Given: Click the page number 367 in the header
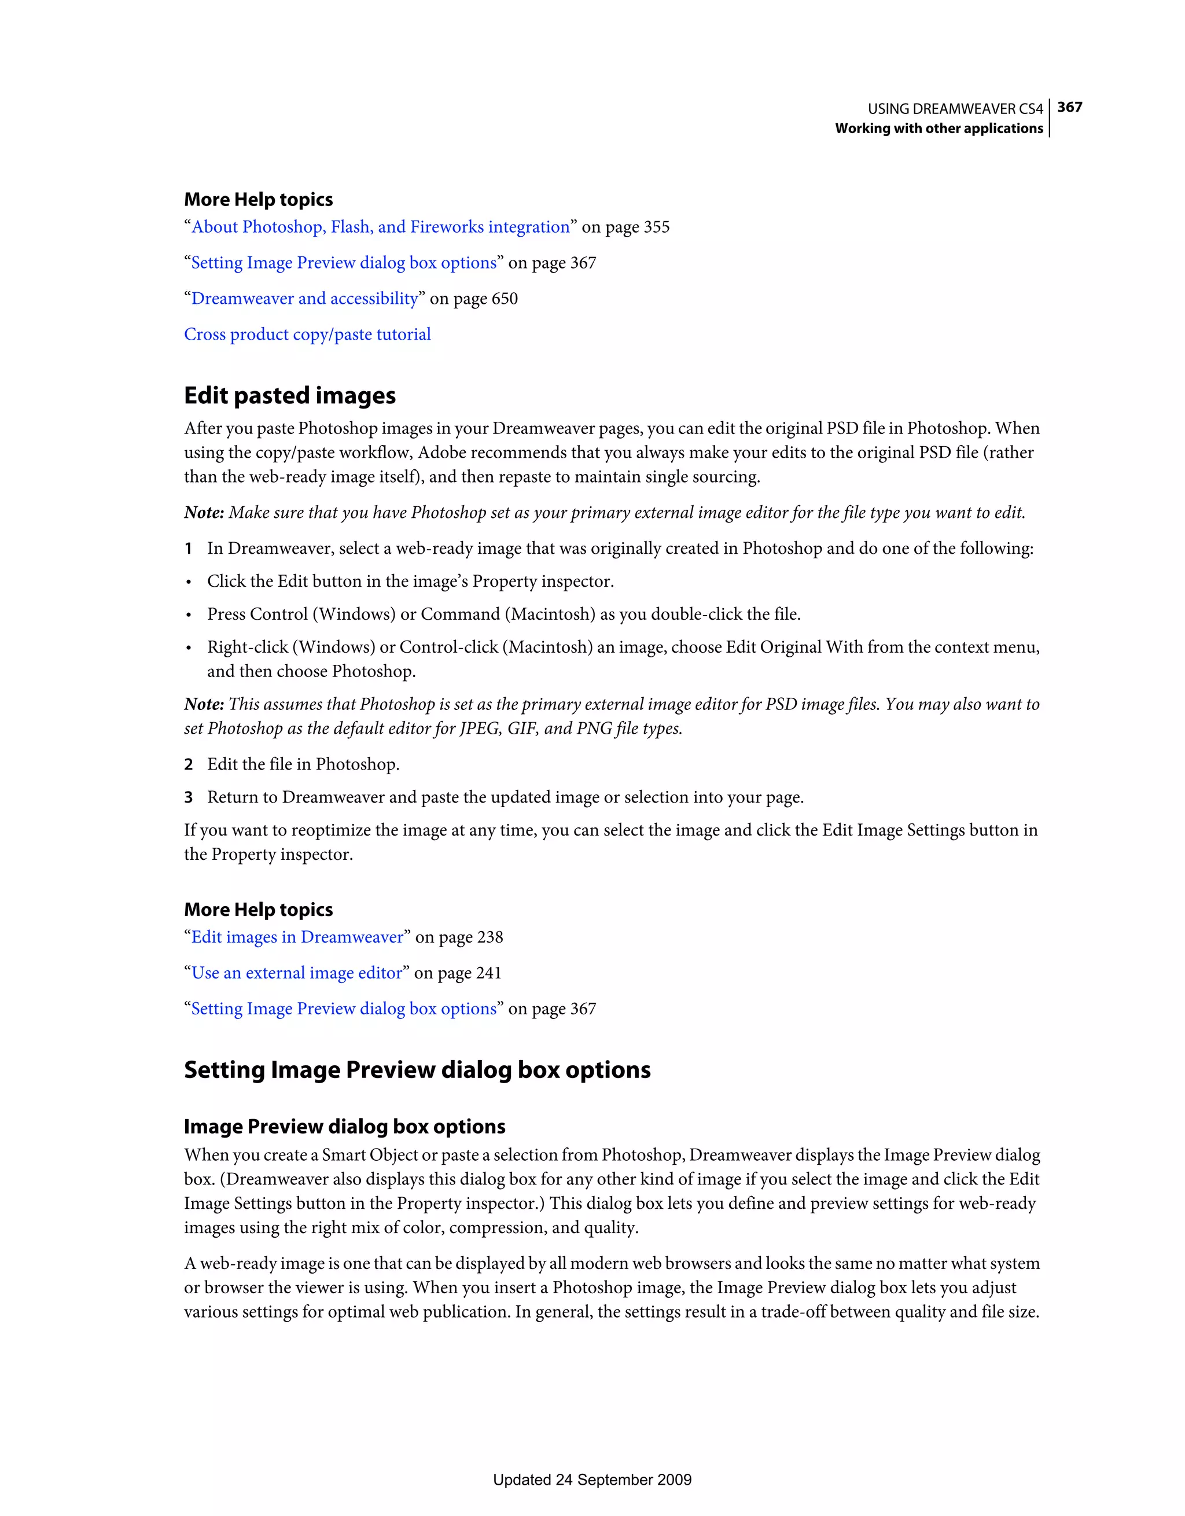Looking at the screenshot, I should click(x=1069, y=107).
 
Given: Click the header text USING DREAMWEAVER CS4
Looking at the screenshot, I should click(x=955, y=109).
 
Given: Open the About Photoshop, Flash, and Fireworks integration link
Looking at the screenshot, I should click(x=380, y=227).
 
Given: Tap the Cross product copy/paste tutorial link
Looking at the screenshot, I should click(x=307, y=334).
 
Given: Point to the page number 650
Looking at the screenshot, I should click(x=505, y=299).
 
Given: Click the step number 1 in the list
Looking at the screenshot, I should click(x=188, y=549).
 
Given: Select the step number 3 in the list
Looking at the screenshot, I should click(x=188, y=797).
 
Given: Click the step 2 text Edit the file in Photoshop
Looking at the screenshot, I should click(x=303, y=764).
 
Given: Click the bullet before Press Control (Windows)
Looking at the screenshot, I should click(x=188, y=615).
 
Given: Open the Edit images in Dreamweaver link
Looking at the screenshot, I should click(x=297, y=937).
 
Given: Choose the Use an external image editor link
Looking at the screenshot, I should click(x=297, y=973).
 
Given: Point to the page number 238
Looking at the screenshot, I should click(x=490, y=938).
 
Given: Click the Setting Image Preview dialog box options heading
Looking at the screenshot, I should click(x=417, y=1070).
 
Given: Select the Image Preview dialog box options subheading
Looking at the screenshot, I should click(x=344, y=1126).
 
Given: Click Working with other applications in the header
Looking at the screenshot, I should click(x=939, y=128).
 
